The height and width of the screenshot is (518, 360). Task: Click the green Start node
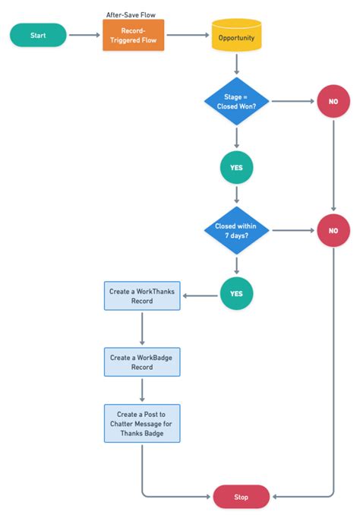38,35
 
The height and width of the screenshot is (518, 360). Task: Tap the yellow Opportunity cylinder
236,36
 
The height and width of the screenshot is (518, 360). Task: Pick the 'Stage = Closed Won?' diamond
236,101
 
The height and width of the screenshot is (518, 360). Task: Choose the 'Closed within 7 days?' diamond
236,230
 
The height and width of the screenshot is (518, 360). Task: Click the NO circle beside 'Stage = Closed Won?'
333,101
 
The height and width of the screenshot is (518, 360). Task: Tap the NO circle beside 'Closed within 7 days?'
333,230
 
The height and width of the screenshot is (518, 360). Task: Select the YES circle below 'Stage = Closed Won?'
236,167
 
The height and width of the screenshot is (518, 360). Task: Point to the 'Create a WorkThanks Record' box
142,295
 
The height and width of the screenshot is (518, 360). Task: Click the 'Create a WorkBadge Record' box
142,362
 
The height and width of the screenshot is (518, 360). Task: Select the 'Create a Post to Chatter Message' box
142,423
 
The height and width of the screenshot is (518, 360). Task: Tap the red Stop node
241,496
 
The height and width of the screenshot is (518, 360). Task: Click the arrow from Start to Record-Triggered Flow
84,35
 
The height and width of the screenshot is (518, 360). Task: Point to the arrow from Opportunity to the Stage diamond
236,65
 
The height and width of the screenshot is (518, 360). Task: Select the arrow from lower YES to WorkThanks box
201,295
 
